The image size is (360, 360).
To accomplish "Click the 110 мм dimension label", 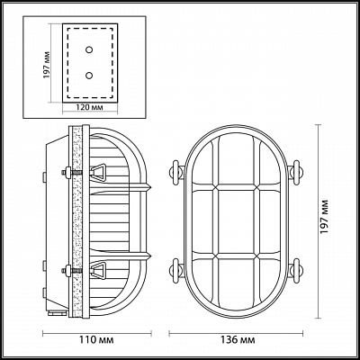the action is [97, 340].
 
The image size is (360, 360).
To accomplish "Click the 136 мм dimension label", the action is [238, 340].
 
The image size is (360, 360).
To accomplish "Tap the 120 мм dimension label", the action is [89, 107].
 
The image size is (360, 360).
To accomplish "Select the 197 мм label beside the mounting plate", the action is [46, 65].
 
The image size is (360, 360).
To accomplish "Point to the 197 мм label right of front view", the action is [324, 216].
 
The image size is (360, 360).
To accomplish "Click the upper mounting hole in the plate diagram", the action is [89, 49].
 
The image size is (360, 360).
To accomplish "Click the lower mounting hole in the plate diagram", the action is [89, 76].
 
